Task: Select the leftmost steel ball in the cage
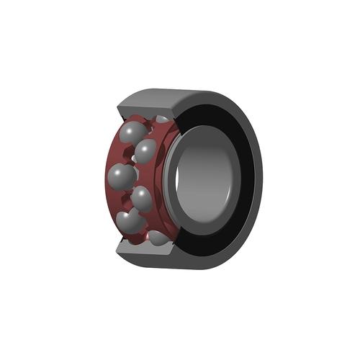click(121, 175)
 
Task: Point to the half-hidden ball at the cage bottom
click(160, 237)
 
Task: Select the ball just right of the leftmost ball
click(142, 198)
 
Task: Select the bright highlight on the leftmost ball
click(116, 171)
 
